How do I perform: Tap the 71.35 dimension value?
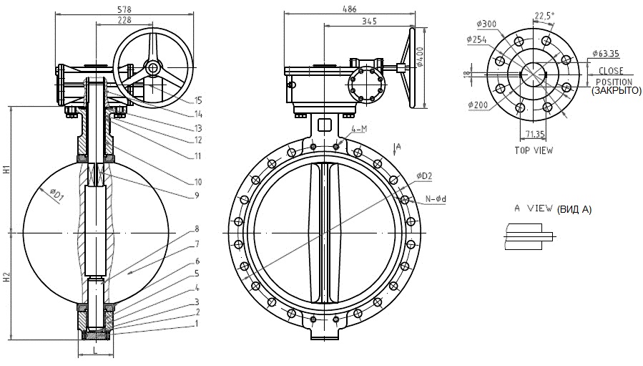point(534,133)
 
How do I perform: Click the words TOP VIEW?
point(534,150)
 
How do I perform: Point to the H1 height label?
point(6,170)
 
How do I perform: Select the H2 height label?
point(6,277)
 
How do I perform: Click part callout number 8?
point(197,230)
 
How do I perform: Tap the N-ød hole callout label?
point(435,198)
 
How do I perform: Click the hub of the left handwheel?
point(152,67)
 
